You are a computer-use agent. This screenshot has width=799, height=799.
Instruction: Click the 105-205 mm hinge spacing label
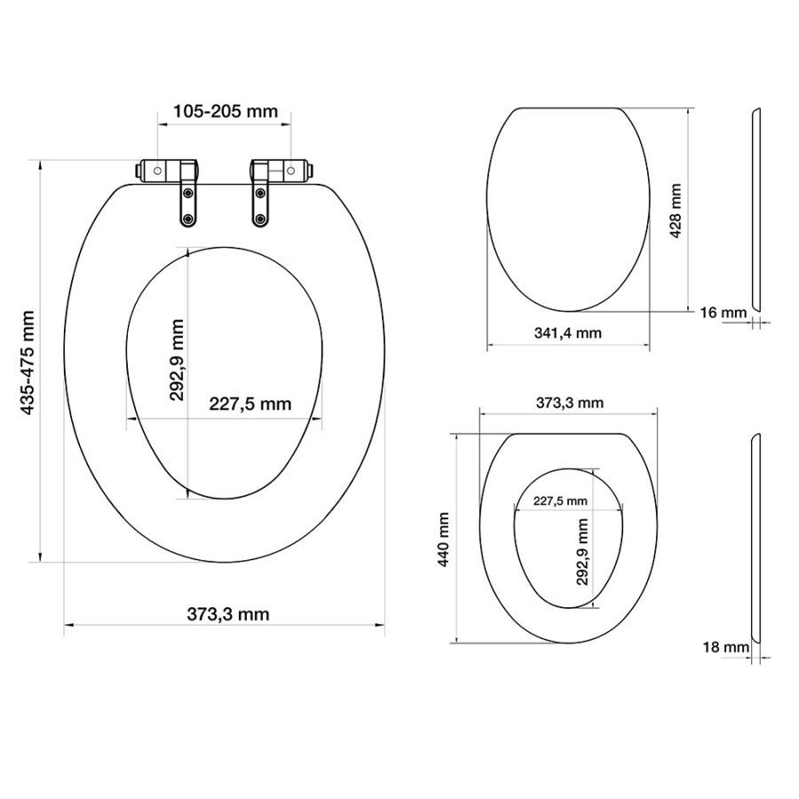point(225,112)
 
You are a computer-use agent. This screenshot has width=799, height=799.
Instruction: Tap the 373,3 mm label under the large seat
point(228,613)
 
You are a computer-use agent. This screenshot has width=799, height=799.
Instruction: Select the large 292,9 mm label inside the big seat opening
point(178,360)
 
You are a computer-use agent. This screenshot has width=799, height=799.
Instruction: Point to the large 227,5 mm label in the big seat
point(249,404)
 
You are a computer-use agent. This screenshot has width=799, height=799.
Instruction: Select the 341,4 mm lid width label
point(567,333)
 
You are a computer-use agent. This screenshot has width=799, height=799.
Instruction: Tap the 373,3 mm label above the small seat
point(569,402)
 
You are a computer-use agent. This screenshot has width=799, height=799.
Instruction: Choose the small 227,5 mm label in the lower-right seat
point(560,500)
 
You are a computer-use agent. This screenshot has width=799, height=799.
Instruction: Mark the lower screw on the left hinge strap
point(188,217)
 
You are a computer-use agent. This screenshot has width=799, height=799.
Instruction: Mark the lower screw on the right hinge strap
point(260,218)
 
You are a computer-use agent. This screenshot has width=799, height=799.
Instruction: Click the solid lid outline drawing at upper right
point(568,209)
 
